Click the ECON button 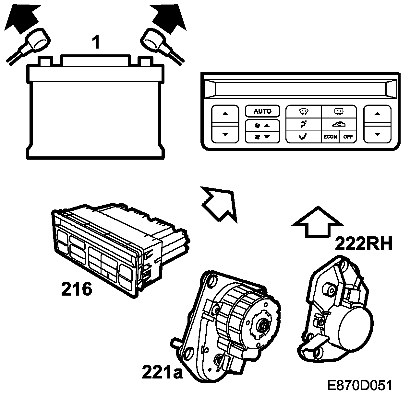click(330, 137)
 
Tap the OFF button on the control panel click(348, 137)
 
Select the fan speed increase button click(262, 125)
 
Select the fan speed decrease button click(262, 137)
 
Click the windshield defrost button click(303, 112)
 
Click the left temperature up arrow click(225, 114)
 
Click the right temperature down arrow click(377, 134)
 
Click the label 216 click(77, 289)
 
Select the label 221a click(162, 372)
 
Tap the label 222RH click(364, 244)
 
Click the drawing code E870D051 click(360, 385)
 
